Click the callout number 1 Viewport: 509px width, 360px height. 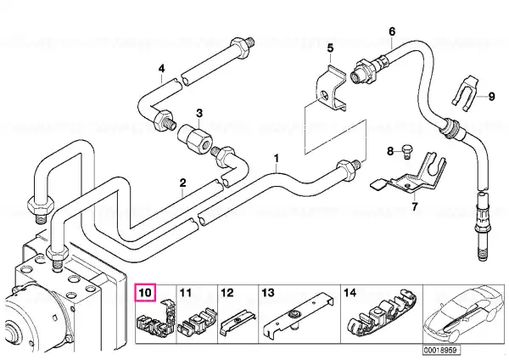[277, 159]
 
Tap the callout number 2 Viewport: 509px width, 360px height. [183, 183]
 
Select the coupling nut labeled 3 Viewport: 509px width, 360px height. [195, 138]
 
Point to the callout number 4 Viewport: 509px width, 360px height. [162, 69]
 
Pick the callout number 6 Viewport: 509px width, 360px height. [392, 31]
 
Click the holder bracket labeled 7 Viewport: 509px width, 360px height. [408, 173]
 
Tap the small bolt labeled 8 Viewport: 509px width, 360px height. [406, 151]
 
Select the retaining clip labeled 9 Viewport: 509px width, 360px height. [466, 91]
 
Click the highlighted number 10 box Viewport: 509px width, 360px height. [145, 293]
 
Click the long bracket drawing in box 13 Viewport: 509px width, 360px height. [298, 314]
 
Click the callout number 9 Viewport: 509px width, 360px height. [492, 97]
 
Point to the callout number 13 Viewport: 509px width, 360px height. [268, 293]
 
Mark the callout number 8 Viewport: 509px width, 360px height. [390, 151]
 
